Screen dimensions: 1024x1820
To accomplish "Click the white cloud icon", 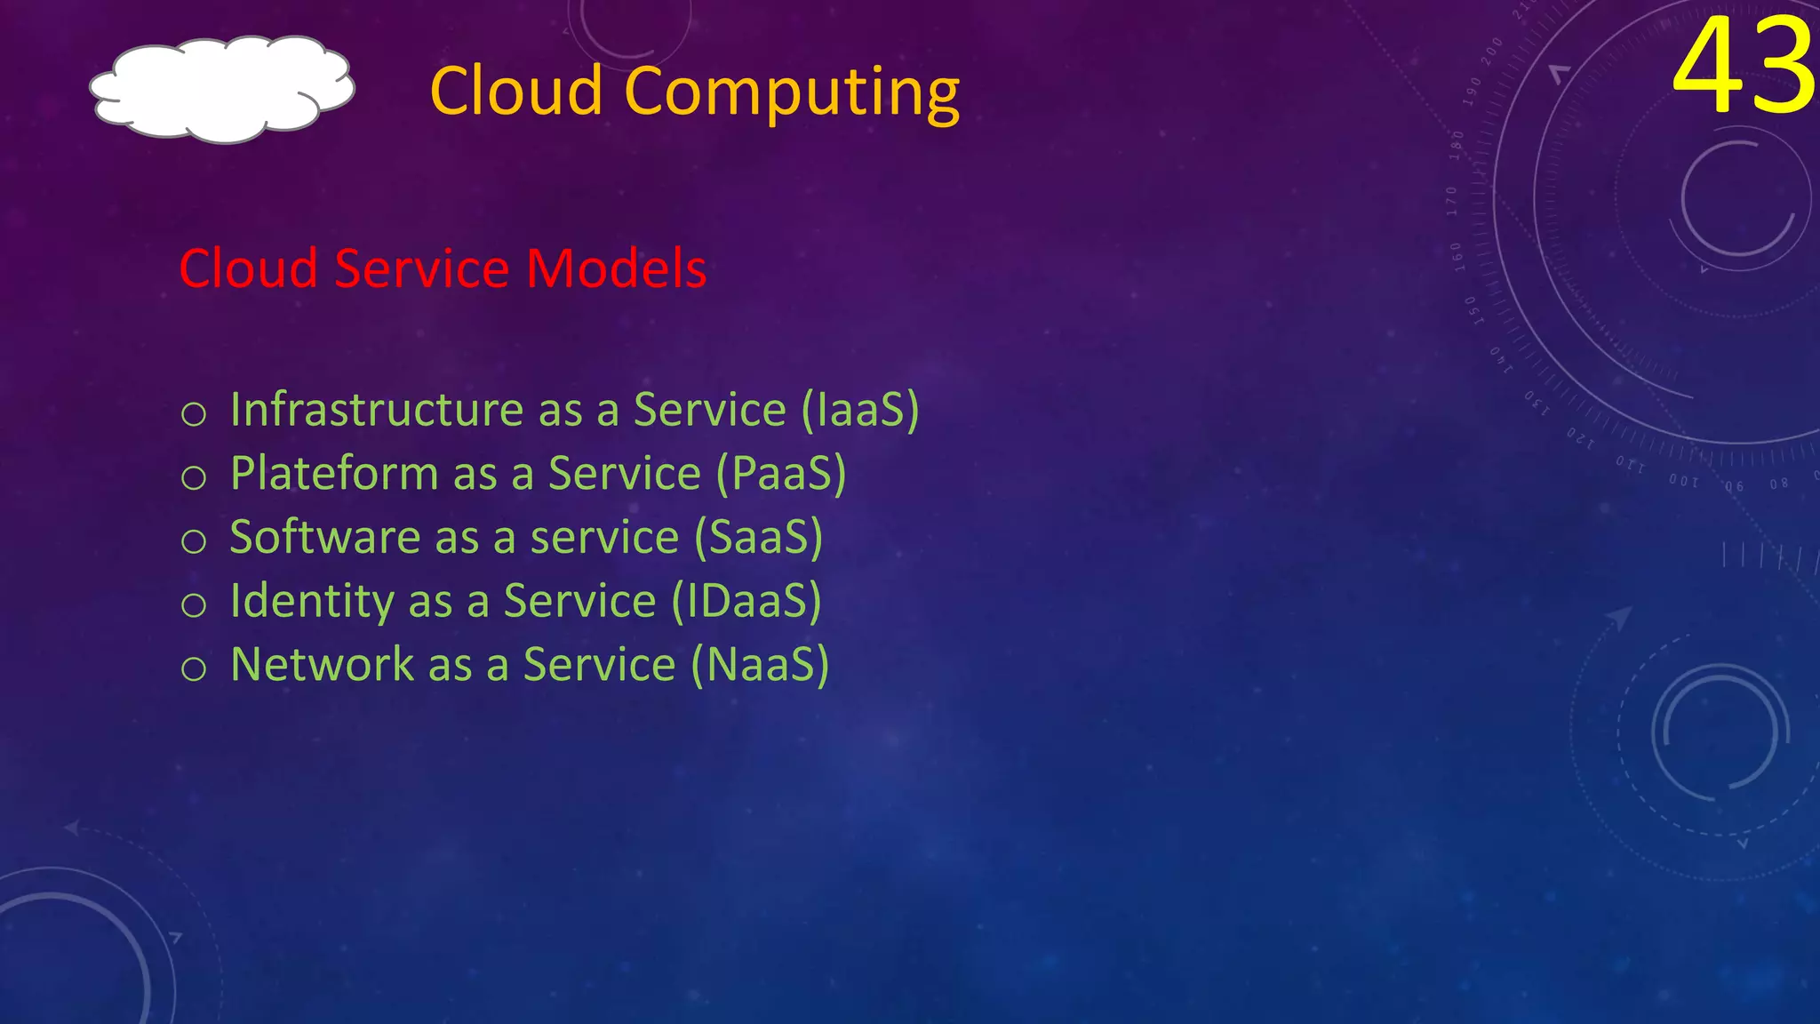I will pos(222,89).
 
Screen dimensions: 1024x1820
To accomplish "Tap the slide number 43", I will pos(1744,67).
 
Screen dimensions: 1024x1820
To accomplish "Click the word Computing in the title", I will pos(792,92).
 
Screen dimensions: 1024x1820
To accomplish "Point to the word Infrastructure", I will pos(377,410).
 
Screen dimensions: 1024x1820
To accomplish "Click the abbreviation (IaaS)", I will pos(860,410).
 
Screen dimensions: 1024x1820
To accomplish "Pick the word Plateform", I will pos(334,474).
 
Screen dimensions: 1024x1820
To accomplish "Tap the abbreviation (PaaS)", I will pos(781,474).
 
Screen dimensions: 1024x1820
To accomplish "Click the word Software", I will pos(324,537).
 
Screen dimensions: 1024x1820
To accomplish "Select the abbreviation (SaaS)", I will pos(758,537).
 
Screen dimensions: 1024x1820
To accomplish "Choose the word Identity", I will pos(312,601).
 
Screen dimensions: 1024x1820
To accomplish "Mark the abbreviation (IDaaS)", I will pos(746,601).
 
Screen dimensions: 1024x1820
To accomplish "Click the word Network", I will pos(321,665).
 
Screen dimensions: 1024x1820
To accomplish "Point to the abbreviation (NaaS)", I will pos(761,665).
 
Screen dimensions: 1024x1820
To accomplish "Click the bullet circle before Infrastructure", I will pos(194,414).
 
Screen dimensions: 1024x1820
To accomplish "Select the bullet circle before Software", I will pos(194,541).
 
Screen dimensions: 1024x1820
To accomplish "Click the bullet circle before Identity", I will pos(194,605).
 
